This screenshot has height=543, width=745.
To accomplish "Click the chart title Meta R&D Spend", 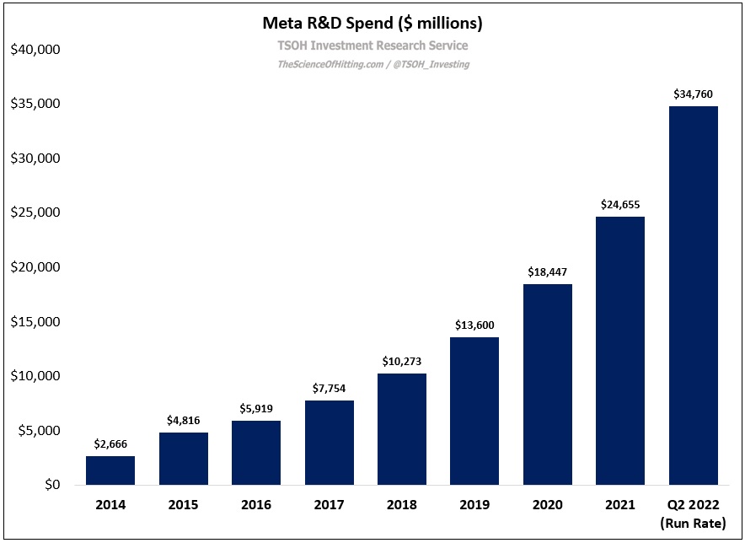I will point(372,22).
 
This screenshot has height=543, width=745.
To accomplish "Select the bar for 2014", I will point(110,470).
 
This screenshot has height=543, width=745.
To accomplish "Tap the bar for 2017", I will point(329,443).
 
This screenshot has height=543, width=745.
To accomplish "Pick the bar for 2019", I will point(474,411).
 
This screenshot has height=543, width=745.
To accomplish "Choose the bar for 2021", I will point(620,351).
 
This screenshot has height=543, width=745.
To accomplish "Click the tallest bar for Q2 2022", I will point(693,295).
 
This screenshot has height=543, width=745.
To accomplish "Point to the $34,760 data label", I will point(693,94).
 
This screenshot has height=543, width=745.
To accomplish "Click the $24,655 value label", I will point(620,205).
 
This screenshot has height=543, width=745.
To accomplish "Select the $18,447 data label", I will point(547,272).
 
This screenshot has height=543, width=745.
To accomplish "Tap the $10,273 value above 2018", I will point(402,362).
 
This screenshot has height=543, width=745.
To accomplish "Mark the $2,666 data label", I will point(110,444).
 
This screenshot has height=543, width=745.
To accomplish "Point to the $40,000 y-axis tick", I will point(35,50).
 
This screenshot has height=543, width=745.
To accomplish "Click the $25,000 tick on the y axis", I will point(35,212).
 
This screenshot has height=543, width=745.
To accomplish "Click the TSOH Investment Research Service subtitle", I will point(372,46).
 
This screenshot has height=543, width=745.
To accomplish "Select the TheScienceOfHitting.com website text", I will point(329,64).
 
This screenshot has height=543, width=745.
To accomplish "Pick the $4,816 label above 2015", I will point(184,421).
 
